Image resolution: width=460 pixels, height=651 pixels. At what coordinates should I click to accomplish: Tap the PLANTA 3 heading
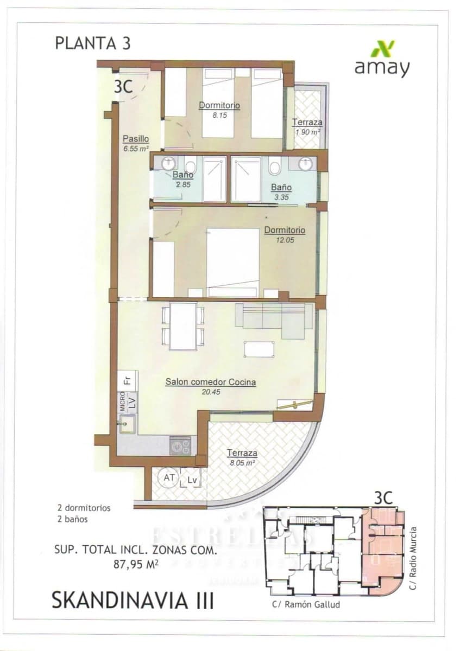tap(93, 43)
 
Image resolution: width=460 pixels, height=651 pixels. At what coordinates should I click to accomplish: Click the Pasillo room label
tap(135, 138)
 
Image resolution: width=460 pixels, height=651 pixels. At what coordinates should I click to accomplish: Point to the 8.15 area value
tap(219, 115)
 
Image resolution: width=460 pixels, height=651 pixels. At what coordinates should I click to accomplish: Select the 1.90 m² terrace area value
tap(307, 132)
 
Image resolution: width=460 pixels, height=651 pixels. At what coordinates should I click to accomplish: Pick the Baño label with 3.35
tap(281, 188)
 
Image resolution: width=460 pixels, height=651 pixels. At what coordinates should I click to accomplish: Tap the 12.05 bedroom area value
tap(285, 239)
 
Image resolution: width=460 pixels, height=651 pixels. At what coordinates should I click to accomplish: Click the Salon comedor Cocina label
tap(210, 382)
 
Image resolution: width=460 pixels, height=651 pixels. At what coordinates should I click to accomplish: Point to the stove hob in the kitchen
tap(180, 445)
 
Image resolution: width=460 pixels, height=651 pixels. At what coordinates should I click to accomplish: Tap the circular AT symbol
tap(168, 478)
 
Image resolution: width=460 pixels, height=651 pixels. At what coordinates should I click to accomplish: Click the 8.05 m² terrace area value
tap(242, 463)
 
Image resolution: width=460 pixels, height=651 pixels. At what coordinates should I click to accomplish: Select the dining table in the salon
tap(182, 325)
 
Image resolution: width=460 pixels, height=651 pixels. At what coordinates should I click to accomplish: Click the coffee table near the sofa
tap(259, 349)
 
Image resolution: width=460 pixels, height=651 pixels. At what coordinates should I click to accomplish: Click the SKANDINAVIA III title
tap(133, 601)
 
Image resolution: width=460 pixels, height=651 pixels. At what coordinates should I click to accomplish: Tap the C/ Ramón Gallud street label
tap(306, 604)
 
